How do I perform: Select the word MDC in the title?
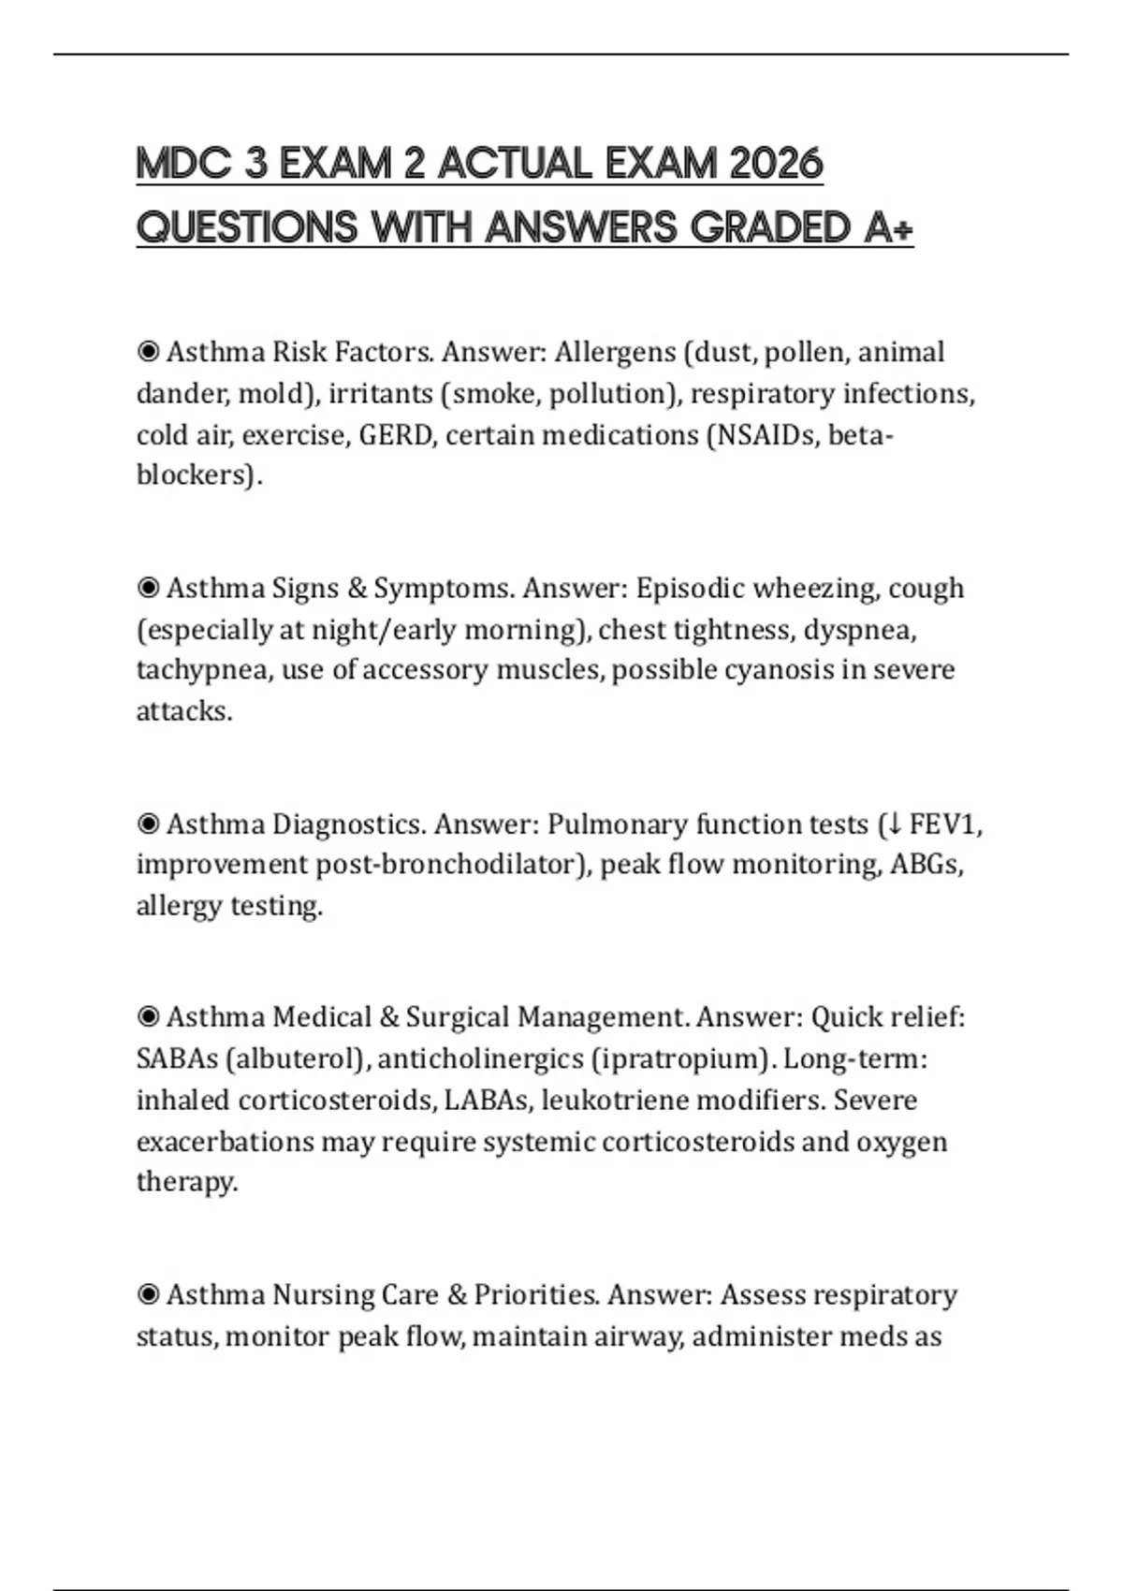pyautogui.click(x=182, y=165)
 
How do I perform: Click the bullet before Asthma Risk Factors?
pyautogui.click(x=148, y=352)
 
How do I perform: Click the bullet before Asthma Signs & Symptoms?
pyautogui.click(x=148, y=588)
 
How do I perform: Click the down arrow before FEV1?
pyautogui.click(x=894, y=825)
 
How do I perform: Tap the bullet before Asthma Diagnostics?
pyautogui.click(x=148, y=825)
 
